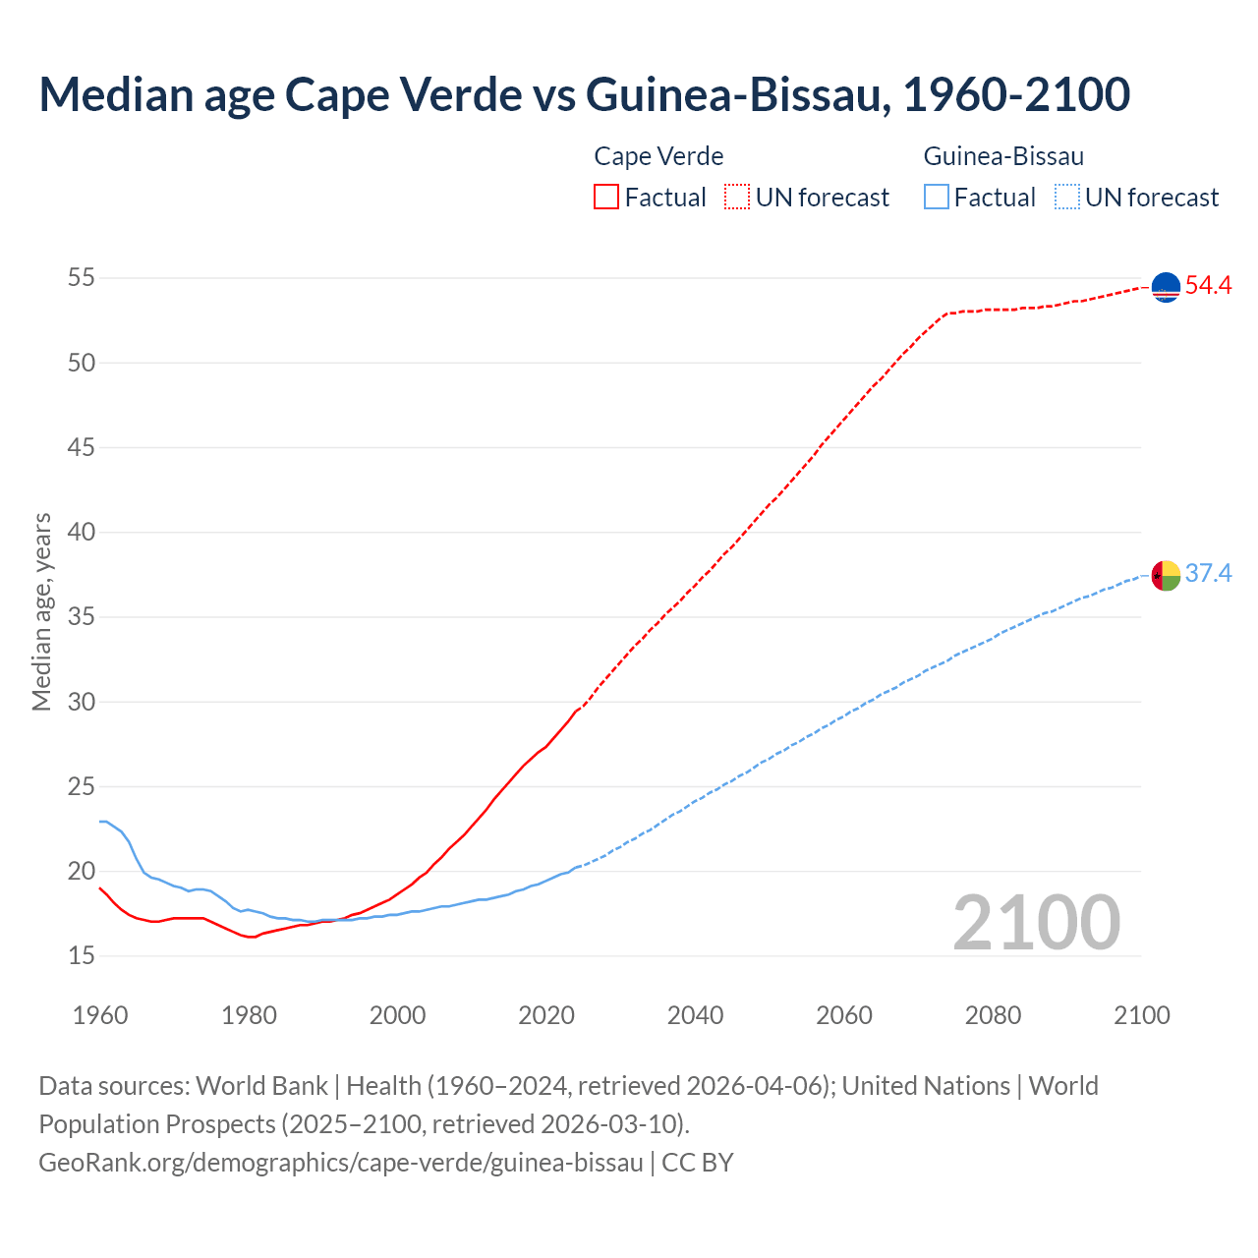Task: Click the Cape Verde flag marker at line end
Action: (x=1166, y=287)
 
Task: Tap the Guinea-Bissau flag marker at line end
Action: (x=1166, y=575)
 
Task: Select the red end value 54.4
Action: (x=1208, y=286)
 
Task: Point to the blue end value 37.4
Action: (x=1208, y=574)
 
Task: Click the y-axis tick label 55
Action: (x=82, y=278)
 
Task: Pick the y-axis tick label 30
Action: (x=82, y=702)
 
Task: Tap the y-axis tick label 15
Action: (x=82, y=956)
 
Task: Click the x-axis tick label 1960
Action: (x=100, y=1015)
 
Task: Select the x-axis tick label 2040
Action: (x=695, y=1015)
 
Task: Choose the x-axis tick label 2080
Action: (x=993, y=1015)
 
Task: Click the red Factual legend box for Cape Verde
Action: (x=606, y=198)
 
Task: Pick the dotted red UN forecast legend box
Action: (x=737, y=198)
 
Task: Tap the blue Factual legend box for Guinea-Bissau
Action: (x=936, y=198)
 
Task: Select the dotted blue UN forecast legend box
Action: (x=1066, y=198)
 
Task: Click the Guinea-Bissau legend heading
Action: (x=1003, y=156)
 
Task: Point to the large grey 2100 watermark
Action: (x=1036, y=923)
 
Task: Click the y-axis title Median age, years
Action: (x=41, y=611)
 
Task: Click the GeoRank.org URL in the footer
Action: (x=340, y=1163)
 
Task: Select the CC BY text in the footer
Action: (x=698, y=1163)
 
